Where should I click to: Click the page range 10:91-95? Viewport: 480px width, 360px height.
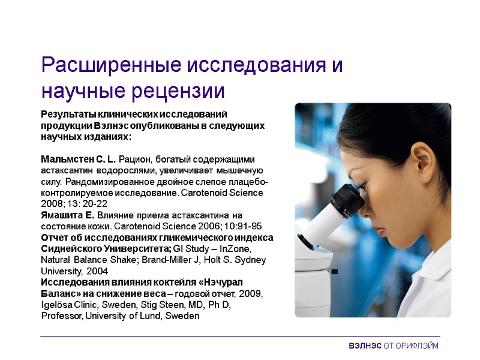241,226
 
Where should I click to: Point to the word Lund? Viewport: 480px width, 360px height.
154,316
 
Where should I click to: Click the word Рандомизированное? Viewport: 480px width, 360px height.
110,182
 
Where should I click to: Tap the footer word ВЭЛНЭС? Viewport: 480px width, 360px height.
364,346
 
